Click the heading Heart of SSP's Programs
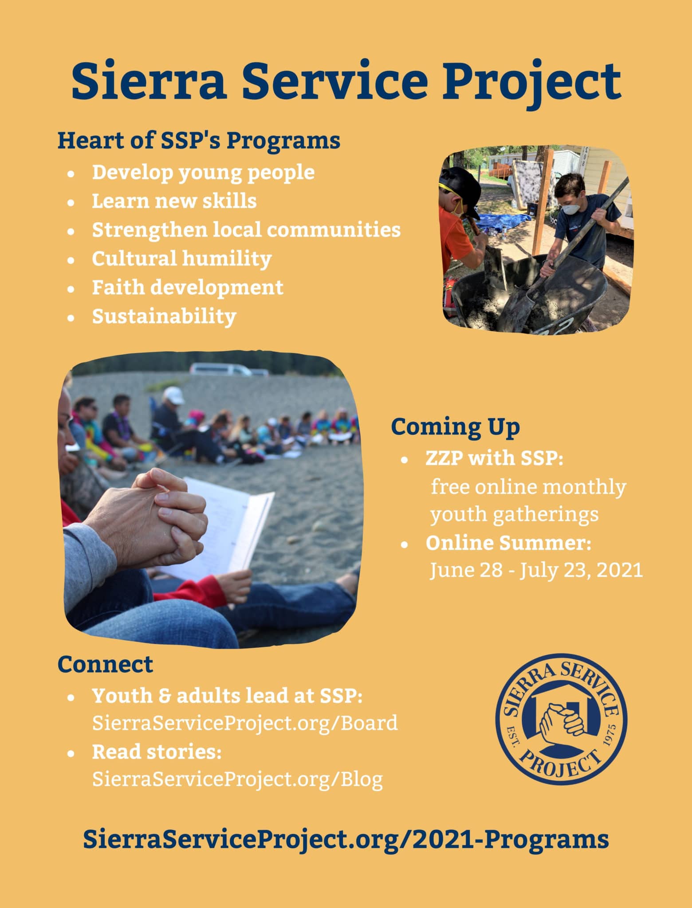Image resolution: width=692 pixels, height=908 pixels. (x=199, y=141)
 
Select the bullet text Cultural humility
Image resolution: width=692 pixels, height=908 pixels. (x=181, y=258)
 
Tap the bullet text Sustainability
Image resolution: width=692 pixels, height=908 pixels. (x=164, y=316)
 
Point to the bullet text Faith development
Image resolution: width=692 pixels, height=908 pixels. (x=187, y=287)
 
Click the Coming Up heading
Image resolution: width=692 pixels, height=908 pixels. (x=455, y=427)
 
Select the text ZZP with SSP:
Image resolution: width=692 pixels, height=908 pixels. (x=494, y=458)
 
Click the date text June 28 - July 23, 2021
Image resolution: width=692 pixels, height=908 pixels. (x=536, y=570)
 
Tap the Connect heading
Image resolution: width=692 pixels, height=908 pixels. (x=105, y=665)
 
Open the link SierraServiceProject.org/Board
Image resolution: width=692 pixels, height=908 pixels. (x=245, y=723)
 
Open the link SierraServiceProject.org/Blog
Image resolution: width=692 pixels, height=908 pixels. (x=237, y=779)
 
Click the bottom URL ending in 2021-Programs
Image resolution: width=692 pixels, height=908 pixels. (x=346, y=839)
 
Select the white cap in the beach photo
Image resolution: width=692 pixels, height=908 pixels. (x=173, y=395)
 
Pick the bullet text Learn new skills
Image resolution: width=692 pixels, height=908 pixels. (x=174, y=201)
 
